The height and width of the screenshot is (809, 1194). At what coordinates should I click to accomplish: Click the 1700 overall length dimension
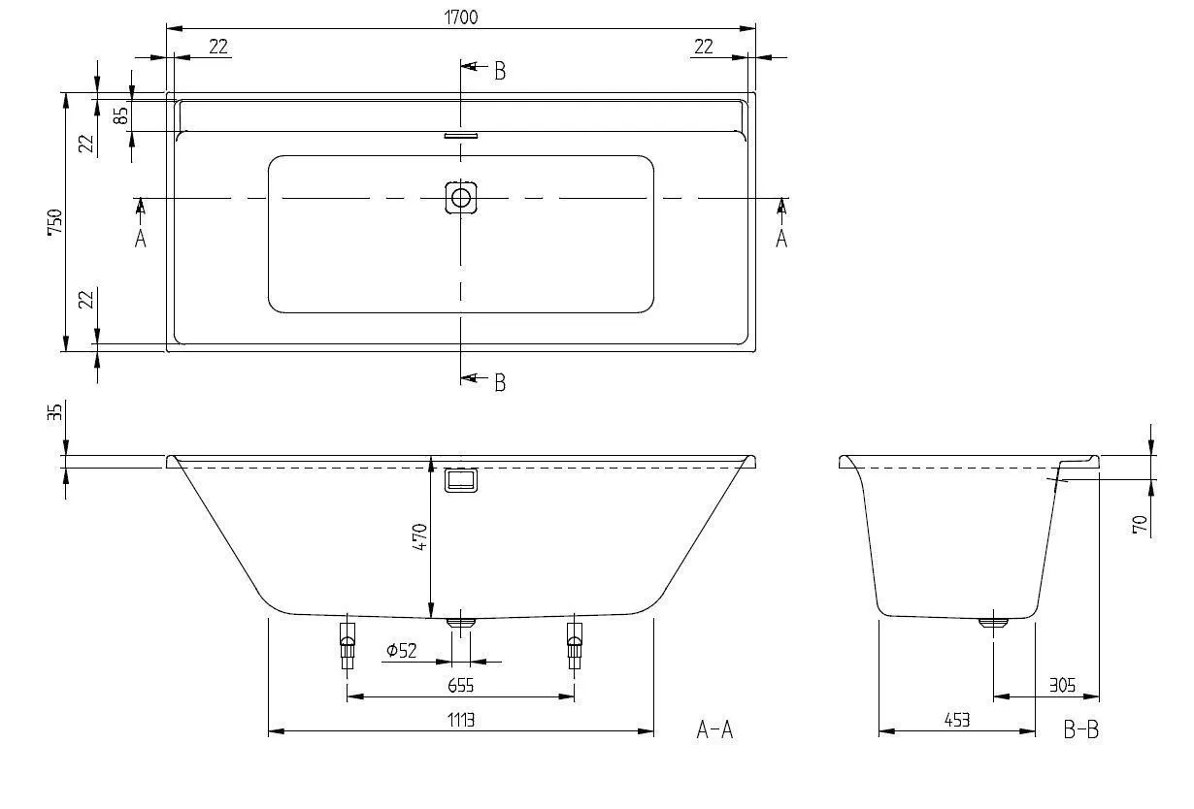pyautogui.click(x=461, y=16)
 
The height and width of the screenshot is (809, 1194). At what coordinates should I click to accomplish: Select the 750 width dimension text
pyautogui.click(x=55, y=222)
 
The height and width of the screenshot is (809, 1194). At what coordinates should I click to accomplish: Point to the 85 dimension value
pyautogui.click(x=121, y=114)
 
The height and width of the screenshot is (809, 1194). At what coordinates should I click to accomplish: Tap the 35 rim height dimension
pyautogui.click(x=55, y=412)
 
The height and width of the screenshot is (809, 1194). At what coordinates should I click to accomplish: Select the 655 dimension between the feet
pyautogui.click(x=461, y=686)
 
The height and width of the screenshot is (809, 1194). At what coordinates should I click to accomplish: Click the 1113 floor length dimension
pyautogui.click(x=461, y=720)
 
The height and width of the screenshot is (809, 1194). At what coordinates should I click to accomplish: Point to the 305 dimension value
pyautogui.click(x=1062, y=686)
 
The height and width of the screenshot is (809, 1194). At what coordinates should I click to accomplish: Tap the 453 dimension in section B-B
pyautogui.click(x=956, y=720)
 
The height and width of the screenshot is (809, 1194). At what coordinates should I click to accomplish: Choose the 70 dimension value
pyautogui.click(x=1141, y=525)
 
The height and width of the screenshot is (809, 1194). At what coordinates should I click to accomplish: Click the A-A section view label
pyautogui.click(x=714, y=729)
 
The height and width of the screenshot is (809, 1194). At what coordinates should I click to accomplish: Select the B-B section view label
pyautogui.click(x=1080, y=729)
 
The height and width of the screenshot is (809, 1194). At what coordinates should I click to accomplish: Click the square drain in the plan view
pyautogui.click(x=461, y=198)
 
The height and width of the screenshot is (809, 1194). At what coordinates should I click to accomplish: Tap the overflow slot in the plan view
pyautogui.click(x=461, y=136)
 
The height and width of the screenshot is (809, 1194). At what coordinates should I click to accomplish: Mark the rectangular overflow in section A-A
pyautogui.click(x=461, y=481)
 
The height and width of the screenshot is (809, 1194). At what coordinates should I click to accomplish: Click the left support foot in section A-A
pyautogui.click(x=348, y=644)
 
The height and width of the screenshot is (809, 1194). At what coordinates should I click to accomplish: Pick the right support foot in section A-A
pyautogui.click(x=575, y=644)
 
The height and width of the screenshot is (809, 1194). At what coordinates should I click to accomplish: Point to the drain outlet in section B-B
pyautogui.click(x=993, y=623)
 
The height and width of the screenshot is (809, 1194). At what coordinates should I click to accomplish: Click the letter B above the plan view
pyautogui.click(x=500, y=71)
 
